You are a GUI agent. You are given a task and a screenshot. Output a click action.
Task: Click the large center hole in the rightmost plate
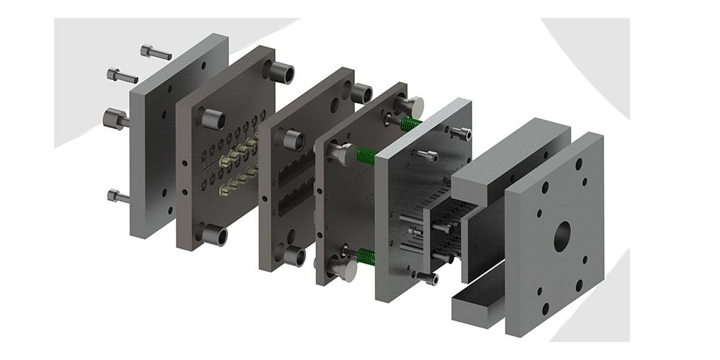pos(562,235)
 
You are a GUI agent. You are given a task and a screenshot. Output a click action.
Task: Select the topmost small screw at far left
pos(156,52)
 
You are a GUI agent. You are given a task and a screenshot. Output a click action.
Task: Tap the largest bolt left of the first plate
pos(116,118)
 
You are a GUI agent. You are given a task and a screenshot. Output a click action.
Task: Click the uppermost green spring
pos(411,124)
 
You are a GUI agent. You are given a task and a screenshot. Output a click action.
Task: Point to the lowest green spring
pos(366,256)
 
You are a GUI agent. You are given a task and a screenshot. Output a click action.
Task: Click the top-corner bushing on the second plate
pos(282,71)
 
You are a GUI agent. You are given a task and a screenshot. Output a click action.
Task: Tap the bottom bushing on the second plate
pos(215,235)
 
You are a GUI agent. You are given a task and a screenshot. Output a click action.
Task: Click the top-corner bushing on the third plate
pos(361,93)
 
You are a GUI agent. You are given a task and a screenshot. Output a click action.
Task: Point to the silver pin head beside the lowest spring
pos(344,269)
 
